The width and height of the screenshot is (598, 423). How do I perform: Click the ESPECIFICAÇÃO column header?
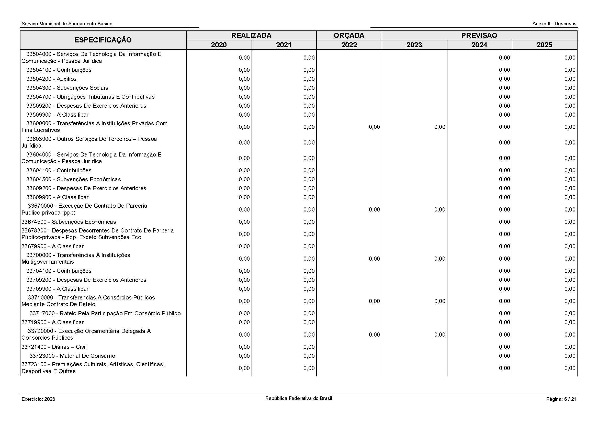[x=103, y=40]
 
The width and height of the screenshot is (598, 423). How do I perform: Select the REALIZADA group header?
[x=251, y=36]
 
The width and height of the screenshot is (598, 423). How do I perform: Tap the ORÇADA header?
[x=349, y=36]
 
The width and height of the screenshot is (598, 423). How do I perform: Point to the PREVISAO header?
[x=479, y=36]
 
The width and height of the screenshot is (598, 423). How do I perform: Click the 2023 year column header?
[x=414, y=45]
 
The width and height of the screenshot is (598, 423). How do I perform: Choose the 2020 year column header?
[x=219, y=45]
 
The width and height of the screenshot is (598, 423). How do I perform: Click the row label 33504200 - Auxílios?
[x=51, y=79]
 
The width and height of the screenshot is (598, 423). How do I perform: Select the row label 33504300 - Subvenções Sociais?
[x=67, y=88]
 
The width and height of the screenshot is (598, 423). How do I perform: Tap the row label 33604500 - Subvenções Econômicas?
[x=73, y=180]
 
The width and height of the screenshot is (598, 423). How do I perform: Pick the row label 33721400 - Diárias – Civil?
[x=54, y=347]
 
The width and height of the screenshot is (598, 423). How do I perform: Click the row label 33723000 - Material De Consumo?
[x=72, y=356]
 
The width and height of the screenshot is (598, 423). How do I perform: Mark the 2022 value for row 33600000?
[x=374, y=127]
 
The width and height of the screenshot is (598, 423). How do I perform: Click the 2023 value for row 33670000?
[x=439, y=210]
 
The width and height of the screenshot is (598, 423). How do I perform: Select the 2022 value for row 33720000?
[x=374, y=335]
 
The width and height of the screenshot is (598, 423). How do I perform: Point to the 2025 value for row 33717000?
[x=570, y=313]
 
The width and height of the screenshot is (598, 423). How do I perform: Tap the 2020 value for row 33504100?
[x=244, y=70]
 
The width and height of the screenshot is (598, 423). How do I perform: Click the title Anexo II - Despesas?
[x=554, y=24]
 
